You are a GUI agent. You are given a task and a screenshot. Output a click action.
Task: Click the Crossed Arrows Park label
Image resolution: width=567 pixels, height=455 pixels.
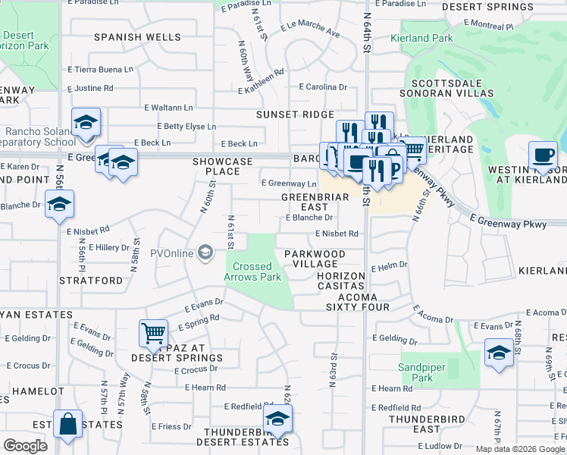(x=258, y=271)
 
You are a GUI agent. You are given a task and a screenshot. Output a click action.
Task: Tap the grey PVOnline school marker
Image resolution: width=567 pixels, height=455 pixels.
(x=205, y=253)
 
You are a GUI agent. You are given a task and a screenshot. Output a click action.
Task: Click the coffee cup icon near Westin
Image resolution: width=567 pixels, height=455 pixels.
(x=543, y=155)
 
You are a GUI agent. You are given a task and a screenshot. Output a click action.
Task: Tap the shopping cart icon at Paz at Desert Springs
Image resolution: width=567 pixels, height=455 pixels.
(x=153, y=332)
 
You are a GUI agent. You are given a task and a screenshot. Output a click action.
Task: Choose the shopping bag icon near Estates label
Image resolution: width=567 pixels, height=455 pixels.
(x=67, y=425)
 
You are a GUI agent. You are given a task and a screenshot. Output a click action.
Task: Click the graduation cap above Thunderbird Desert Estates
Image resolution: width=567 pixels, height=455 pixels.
(x=278, y=419)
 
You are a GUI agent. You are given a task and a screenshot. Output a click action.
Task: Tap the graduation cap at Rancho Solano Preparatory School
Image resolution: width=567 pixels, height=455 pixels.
(x=86, y=122)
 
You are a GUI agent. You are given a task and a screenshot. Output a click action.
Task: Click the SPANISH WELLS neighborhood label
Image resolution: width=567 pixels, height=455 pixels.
(x=137, y=37)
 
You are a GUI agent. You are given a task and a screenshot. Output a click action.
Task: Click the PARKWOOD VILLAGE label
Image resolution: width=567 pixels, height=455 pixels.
(x=315, y=259)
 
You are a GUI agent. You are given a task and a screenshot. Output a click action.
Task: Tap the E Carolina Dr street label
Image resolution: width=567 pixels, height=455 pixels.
(x=322, y=87)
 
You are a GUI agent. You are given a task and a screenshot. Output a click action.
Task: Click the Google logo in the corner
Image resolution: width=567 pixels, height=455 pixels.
(x=26, y=446)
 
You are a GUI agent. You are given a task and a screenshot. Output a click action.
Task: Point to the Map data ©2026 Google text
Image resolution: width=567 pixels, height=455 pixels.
(x=520, y=449)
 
